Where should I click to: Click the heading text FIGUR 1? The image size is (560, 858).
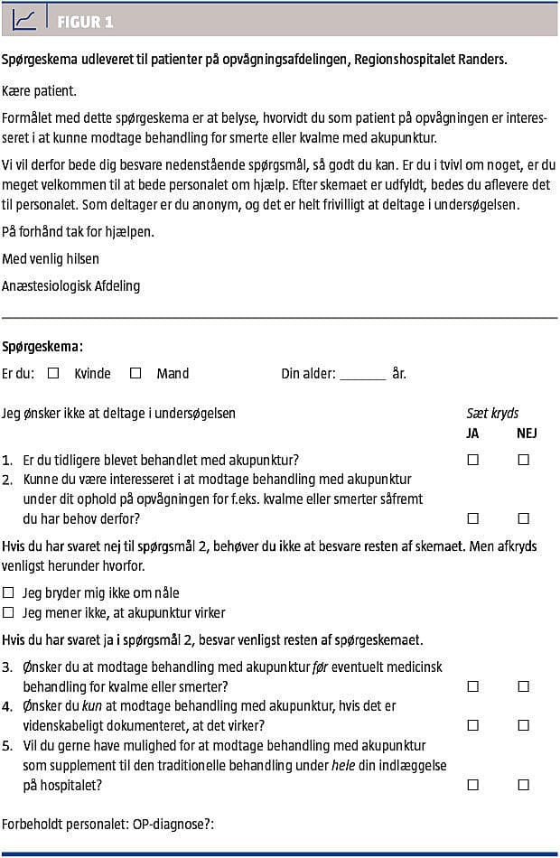tap(85, 23)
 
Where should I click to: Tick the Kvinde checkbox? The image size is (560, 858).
tap(53, 372)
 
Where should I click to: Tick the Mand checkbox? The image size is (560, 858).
tap(135, 372)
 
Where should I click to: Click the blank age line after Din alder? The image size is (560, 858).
tap(362, 375)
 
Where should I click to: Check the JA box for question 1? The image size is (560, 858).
tap(472, 460)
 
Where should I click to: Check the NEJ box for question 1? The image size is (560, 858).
tap(523, 460)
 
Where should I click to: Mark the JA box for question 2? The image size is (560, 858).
tap(472, 518)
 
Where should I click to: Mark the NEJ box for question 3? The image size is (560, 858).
tap(523, 686)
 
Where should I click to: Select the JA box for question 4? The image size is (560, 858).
tap(472, 725)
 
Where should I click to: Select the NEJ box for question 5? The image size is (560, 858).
tap(523, 785)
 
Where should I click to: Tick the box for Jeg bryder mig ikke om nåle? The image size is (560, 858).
tap(9, 593)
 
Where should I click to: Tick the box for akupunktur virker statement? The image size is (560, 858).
tap(9, 613)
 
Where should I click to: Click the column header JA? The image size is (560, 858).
tap(472, 433)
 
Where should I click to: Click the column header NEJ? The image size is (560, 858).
tap(527, 433)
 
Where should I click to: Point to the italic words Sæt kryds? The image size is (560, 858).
tap(492, 414)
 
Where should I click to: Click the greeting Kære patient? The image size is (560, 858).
tap(39, 91)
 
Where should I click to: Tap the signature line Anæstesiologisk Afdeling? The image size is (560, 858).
tap(70, 286)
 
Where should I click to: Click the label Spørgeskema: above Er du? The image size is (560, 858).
tap(42, 346)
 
